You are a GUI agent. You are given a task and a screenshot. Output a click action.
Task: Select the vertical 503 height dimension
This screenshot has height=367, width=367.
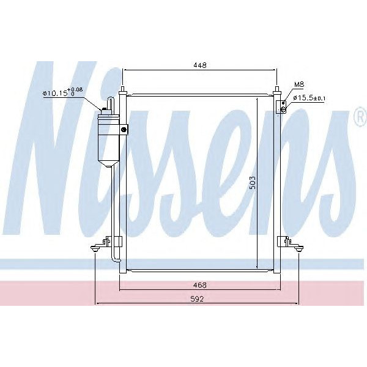click(251, 184)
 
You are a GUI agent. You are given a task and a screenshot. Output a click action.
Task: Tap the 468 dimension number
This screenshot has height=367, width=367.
click(200, 285)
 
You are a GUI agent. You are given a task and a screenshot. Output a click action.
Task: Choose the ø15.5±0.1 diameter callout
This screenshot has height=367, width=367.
click(308, 98)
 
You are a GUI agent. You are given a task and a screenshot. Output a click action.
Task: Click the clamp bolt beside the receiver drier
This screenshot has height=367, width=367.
click(124, 129)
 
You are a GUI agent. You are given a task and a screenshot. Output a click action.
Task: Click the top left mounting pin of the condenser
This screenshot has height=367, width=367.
click(124, 91)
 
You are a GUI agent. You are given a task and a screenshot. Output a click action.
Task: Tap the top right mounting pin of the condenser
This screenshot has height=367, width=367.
click(276, 91)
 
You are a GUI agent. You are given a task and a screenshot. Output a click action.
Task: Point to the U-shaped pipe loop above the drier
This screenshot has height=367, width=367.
click(111, 100)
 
